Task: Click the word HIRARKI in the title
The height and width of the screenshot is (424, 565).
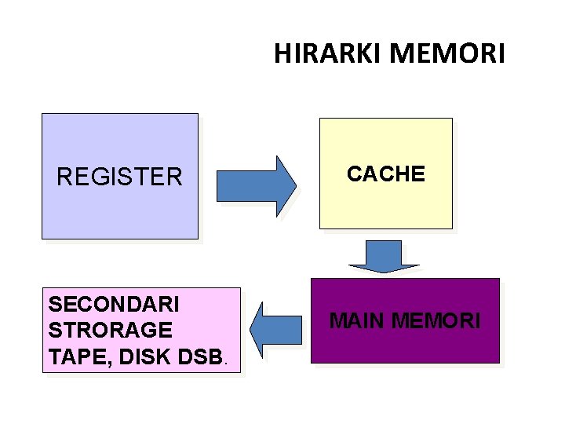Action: coord(328,53)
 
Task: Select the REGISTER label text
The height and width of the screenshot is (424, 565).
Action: coord(119,177)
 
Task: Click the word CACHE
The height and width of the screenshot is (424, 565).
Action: coord(386,174)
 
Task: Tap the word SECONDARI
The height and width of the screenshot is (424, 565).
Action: coord(114,303)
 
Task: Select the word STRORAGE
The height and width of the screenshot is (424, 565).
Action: coord(110,330)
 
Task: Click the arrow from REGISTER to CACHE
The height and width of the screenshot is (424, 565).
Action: coord(256,185)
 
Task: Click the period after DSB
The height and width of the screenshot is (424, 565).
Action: coord(227,364)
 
